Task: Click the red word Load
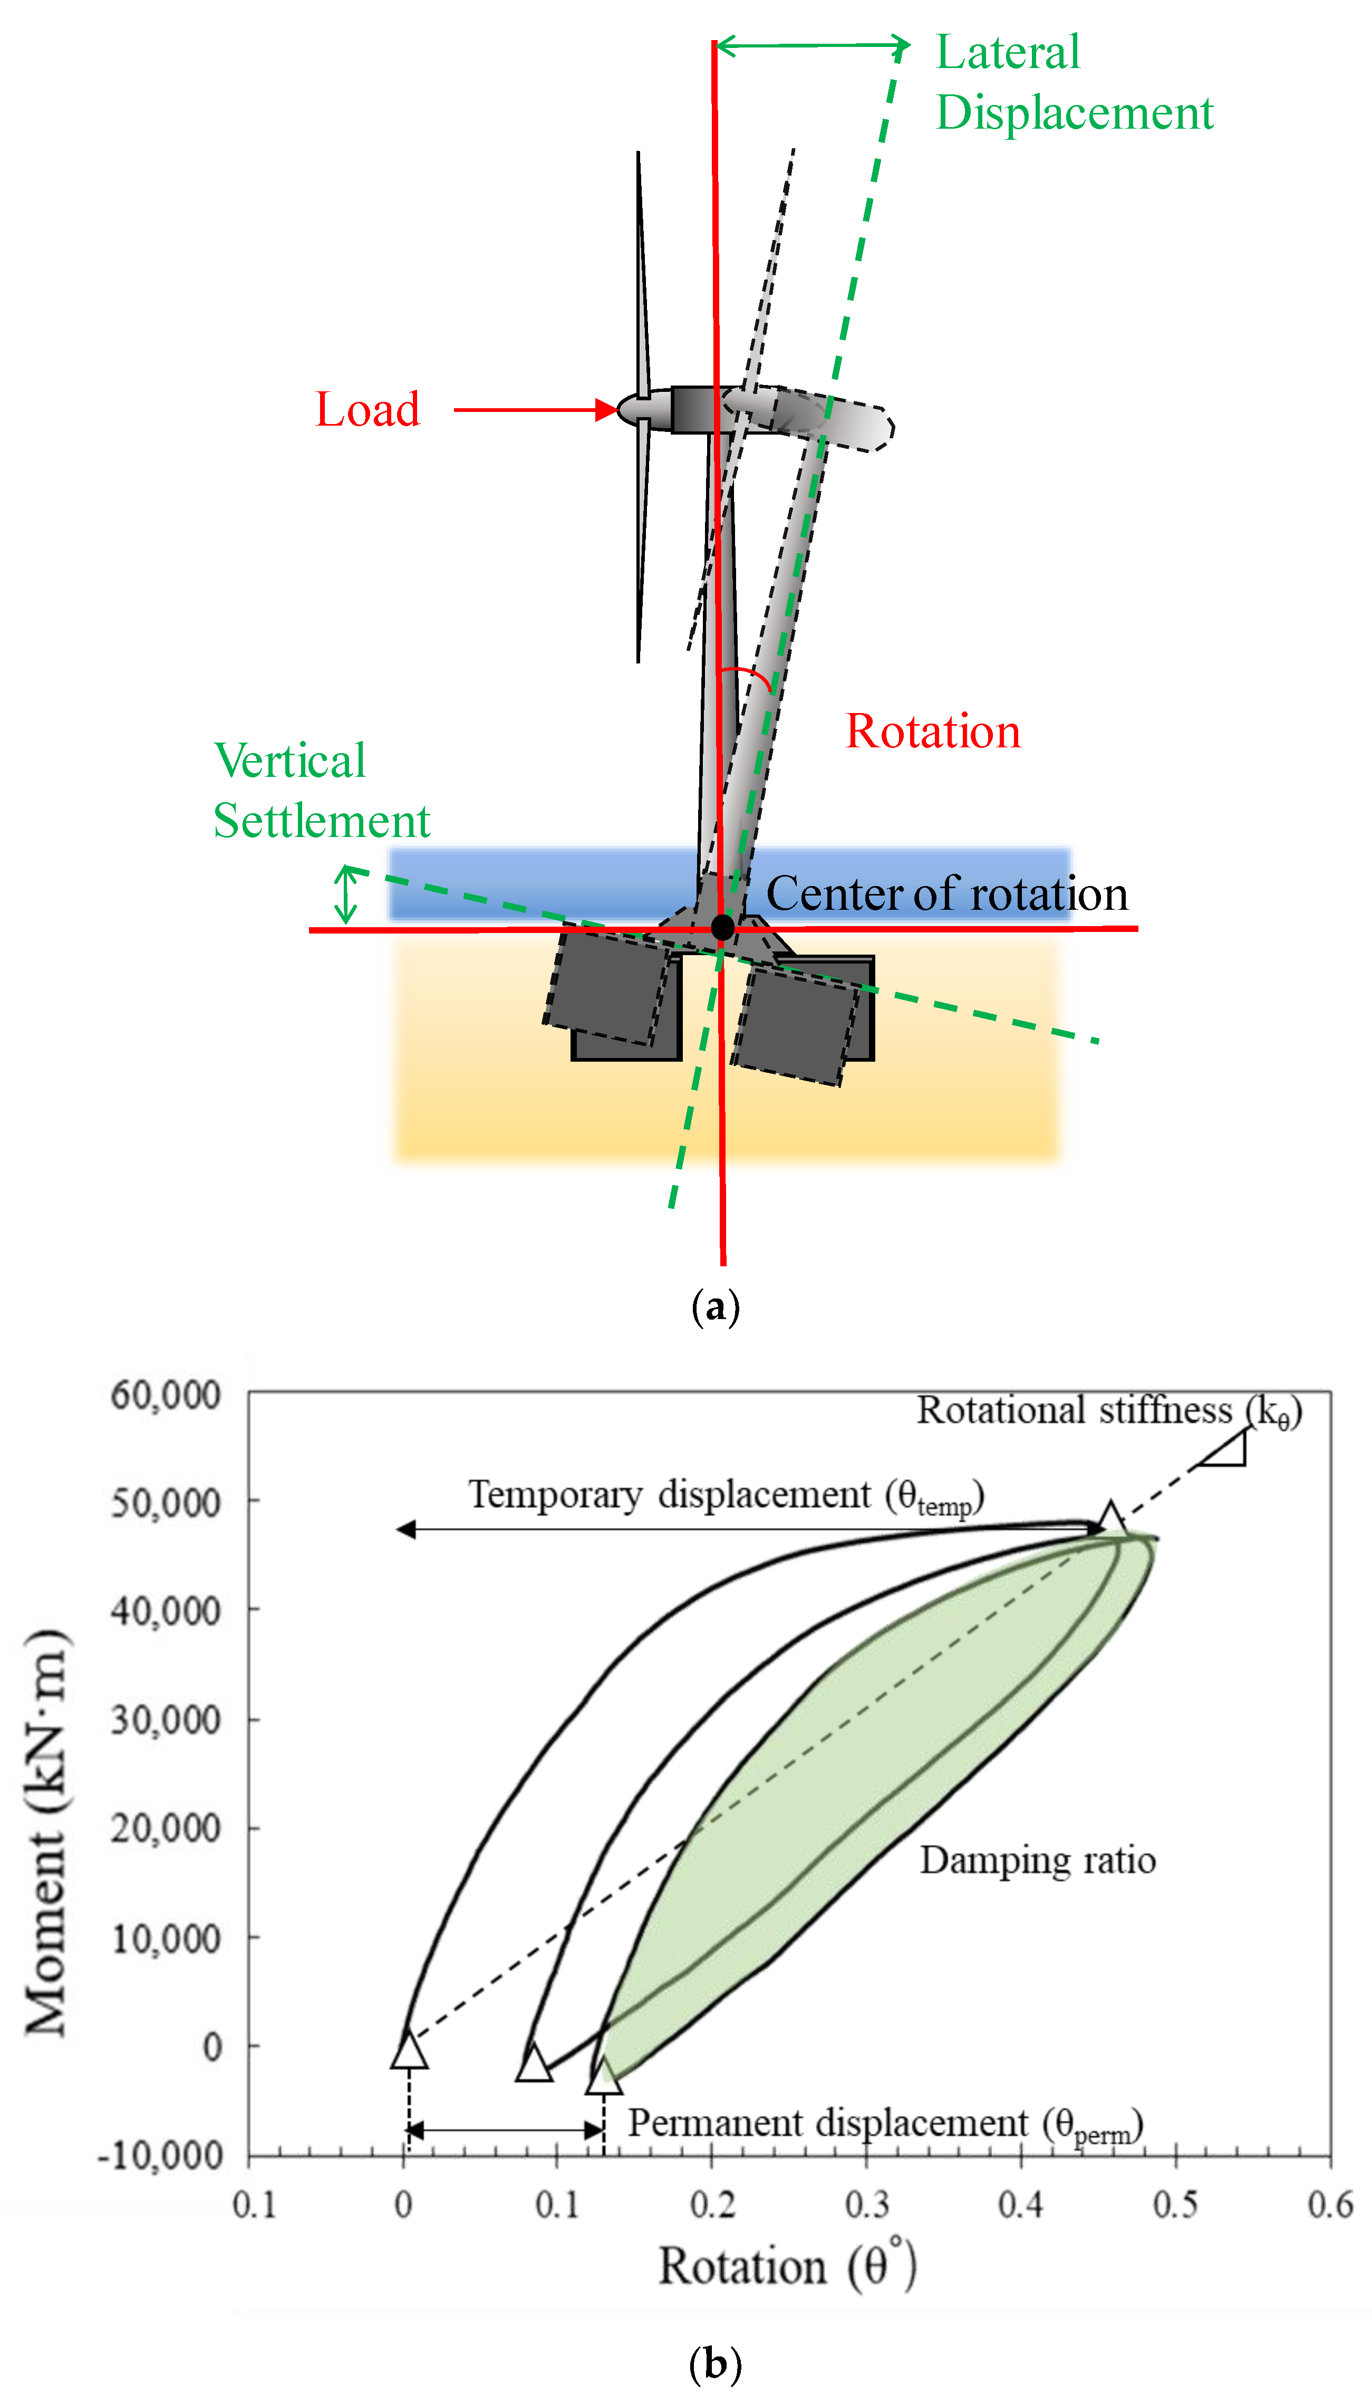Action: [x=368, y=410]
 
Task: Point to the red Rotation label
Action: [x=933, y=732]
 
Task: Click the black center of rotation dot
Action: [x=722, y=927]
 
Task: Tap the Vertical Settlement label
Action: [x=321, y=790]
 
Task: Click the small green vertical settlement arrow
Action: [x=347, y=894]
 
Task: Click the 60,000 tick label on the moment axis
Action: [x=166, y=1395]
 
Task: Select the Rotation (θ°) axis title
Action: [x=787, y=2266]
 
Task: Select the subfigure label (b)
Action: [x=715, y=2363]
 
